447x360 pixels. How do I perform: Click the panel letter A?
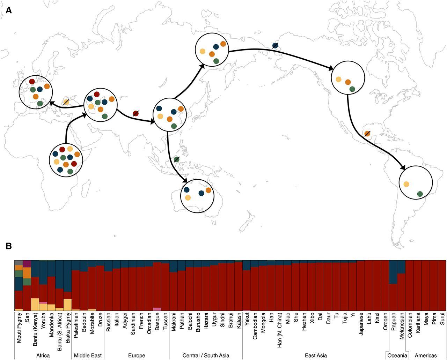[9, 10]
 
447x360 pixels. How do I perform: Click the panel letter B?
[9, 246]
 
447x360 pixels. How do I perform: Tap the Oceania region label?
[397, 355]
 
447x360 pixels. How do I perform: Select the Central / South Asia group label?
[206, 355]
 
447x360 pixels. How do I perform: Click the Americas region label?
[426, 355]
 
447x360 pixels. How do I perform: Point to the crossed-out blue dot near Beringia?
[275, 45]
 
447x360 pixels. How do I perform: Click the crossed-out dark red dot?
[136, 113]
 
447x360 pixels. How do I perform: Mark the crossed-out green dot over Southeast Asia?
[177, 159]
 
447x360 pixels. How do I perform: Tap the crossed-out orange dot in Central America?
[367, 133]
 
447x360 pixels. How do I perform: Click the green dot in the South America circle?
[420, 194]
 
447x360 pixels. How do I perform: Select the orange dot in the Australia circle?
[208, 190]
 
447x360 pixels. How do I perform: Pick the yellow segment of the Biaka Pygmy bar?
[67, 305]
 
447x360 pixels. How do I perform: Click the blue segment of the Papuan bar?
[393, 272]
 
